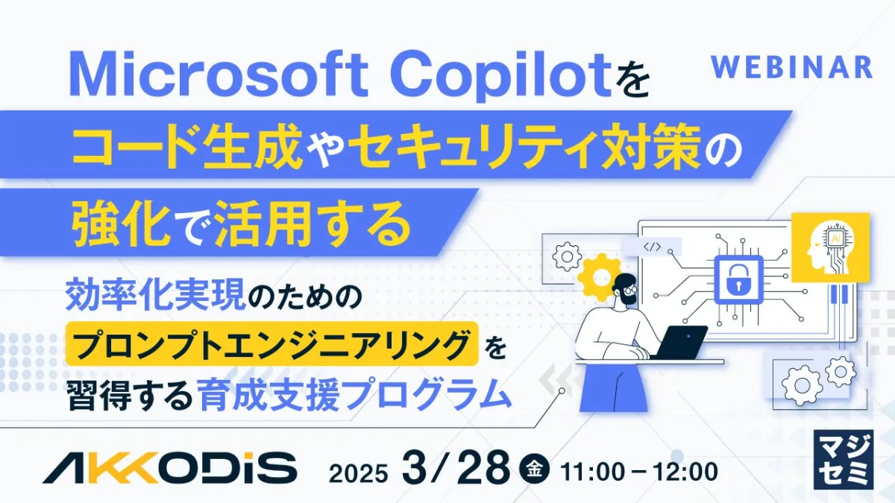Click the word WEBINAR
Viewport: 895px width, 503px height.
[791, 68]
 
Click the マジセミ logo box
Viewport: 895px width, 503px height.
[843, 460]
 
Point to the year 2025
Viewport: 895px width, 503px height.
[359, 474]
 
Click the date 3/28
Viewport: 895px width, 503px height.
[456, 466]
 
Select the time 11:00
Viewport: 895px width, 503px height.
[592, 472]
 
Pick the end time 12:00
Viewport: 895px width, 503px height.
[685, 472]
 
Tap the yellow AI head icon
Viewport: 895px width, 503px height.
[831, 247]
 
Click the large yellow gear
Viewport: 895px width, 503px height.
[600, 277]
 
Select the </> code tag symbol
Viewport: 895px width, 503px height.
[652, 247]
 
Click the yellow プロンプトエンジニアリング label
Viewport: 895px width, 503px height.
[272, 344]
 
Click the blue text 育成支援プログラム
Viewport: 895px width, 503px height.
[356, 394]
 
